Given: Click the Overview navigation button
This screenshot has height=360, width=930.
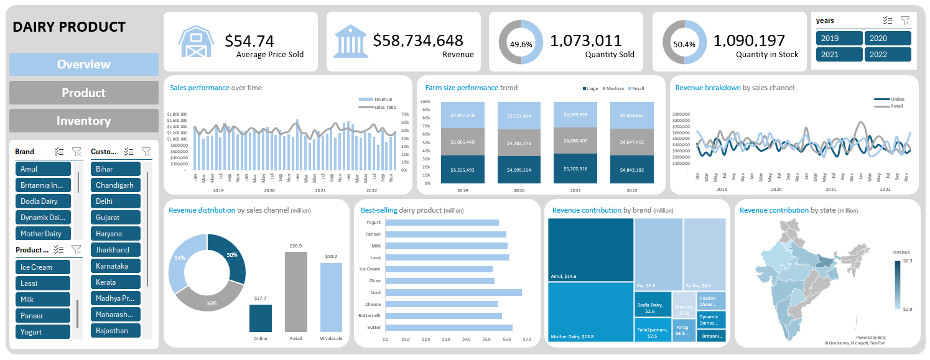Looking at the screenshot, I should click(x=83, y=64).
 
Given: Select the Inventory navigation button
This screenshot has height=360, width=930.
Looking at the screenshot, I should click(x=83, y=121).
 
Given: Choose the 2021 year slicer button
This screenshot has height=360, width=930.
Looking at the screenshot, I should click(x=839, y=54).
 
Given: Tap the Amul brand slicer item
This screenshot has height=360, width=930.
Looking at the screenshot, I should click(x=43, y=169).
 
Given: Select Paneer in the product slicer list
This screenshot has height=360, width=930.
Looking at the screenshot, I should click(x=43, y=316).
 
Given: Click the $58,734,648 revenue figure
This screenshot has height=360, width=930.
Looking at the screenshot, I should click(x=418, y=41).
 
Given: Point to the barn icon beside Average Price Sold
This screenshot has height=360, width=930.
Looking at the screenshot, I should click(x=197, y=42).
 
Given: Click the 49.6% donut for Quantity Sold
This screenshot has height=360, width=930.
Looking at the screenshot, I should click(x=521, y=42).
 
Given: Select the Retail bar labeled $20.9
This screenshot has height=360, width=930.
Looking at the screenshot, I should click(x=295, y=292).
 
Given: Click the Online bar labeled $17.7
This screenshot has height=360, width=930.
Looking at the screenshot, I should click(x=260, y=318).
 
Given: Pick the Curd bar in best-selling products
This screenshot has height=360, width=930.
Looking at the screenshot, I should click(x=453, y=292).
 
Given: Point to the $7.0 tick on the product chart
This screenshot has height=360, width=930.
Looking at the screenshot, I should click(x=527, y=339).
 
